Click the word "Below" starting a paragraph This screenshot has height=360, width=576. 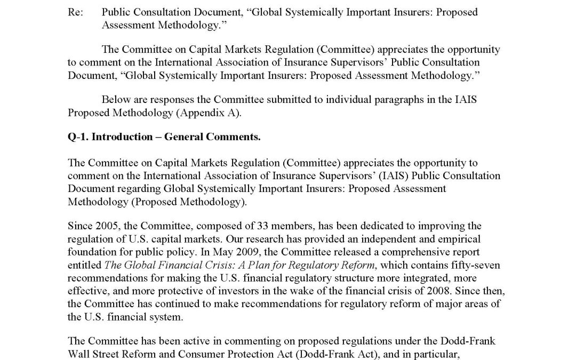point(115,99)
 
